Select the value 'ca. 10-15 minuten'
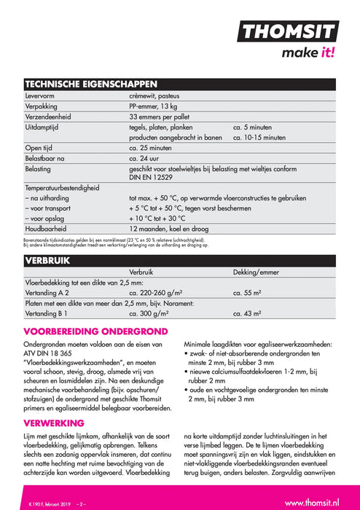tap(259, 137)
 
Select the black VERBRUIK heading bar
tap(180, 259)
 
